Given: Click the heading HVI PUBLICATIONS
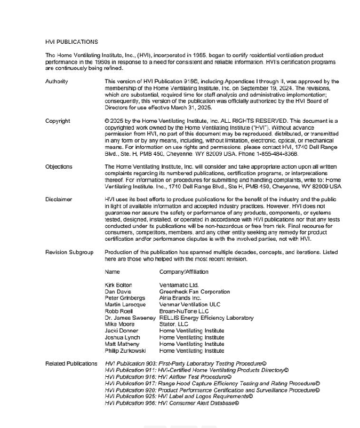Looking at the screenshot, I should (x=71, y=42).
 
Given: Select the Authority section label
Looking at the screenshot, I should (x=57, y=82).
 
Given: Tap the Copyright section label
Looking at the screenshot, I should (x=58, y=121).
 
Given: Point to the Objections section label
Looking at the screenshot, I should (x=59, y=167).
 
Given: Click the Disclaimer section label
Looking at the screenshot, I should (x=59, y=200).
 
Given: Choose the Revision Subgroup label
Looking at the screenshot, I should (x=69, y=252).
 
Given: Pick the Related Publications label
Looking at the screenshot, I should (x=71, y=364).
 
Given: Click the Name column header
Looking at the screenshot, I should (x=113, y=272).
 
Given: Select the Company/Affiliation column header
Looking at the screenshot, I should (x=183, y=272).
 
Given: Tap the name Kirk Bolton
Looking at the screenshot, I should (x=118, y=286).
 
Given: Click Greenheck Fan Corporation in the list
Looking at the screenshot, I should (x=195, y=292).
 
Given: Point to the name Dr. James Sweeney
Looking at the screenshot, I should (x=130, y=318).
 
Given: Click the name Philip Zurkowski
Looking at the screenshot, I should (x=125, y=351).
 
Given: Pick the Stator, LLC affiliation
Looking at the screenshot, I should (x=174, y=324).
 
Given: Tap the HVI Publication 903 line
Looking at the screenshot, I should (x=186, y=364).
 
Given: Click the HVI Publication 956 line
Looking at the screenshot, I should (x=172, y=403).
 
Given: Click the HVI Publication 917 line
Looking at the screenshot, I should (x=212, y=384).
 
